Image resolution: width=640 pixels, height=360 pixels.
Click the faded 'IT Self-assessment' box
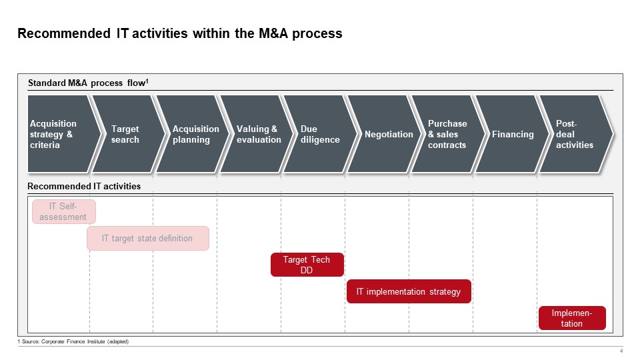click(x=64, y=211)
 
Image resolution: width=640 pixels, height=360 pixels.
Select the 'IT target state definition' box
click(x=147, y=238)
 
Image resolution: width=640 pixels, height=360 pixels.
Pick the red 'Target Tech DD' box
click(x=307, y=265)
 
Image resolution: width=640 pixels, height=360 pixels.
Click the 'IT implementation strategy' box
click(x=409, y=291)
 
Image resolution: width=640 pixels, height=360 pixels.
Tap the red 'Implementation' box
click(x=572, y=318)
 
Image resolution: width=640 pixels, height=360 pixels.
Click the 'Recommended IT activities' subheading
click(x=84, y=186)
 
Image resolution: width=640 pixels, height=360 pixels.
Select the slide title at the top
click(x=179, y=33)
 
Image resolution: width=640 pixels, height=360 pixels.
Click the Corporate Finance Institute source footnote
click(x=73, y=341)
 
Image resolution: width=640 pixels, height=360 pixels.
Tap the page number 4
click(x=621, y=352)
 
